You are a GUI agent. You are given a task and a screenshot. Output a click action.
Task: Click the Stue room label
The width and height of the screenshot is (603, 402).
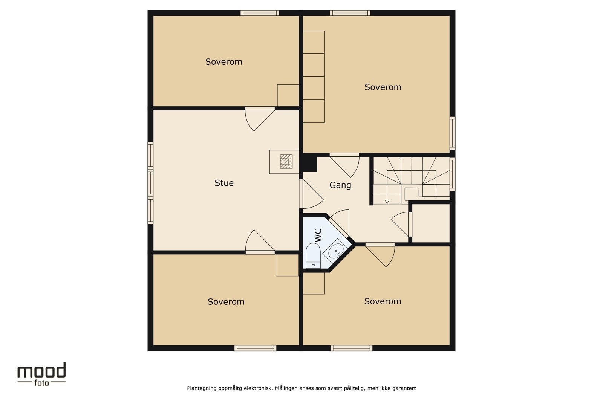[x=224, y=183]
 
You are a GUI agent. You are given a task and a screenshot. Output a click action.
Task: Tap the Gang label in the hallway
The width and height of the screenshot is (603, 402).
[x=340, y=185]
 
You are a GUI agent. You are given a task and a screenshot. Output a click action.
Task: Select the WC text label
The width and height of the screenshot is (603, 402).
[x=318, y=235]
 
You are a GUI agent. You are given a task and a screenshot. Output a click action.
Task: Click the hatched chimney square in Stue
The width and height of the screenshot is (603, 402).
[x=286, y=162]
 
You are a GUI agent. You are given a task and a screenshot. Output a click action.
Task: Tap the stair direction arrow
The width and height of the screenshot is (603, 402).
[x=387, y=202]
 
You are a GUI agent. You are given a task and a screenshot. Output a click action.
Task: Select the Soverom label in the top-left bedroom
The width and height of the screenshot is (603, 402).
[x=223, y=62]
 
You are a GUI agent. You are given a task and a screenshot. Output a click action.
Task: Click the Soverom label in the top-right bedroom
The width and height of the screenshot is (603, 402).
[x=383, y=87]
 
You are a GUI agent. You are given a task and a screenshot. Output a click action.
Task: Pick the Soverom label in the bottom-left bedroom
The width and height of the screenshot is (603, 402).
[x=226, y=302]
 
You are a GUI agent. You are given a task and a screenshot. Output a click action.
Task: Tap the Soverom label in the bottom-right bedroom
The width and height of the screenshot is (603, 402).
[x=382, y=301]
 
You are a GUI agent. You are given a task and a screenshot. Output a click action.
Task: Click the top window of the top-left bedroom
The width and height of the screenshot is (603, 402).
[x=260, y=13]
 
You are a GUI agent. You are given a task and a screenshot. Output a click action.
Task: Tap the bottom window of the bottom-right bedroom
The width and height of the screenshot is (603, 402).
[x=351, y=348]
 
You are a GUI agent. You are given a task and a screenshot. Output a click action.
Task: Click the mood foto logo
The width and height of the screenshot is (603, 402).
[x=41, y=374]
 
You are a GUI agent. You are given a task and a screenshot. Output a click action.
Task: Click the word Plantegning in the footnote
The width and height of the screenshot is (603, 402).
[x=202, y=388]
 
